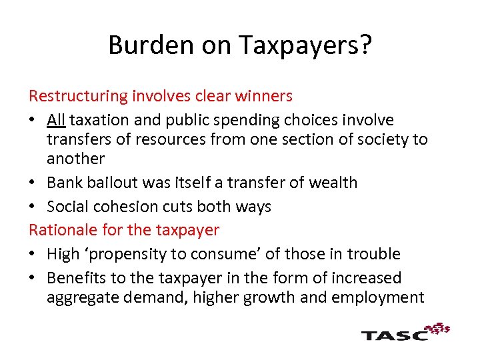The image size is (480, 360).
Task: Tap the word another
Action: coord(75,159)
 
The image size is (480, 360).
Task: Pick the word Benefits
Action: coord(76,277)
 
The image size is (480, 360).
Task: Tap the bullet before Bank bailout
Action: coord(33,183)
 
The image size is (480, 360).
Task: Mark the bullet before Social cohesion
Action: coord(33,207)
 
